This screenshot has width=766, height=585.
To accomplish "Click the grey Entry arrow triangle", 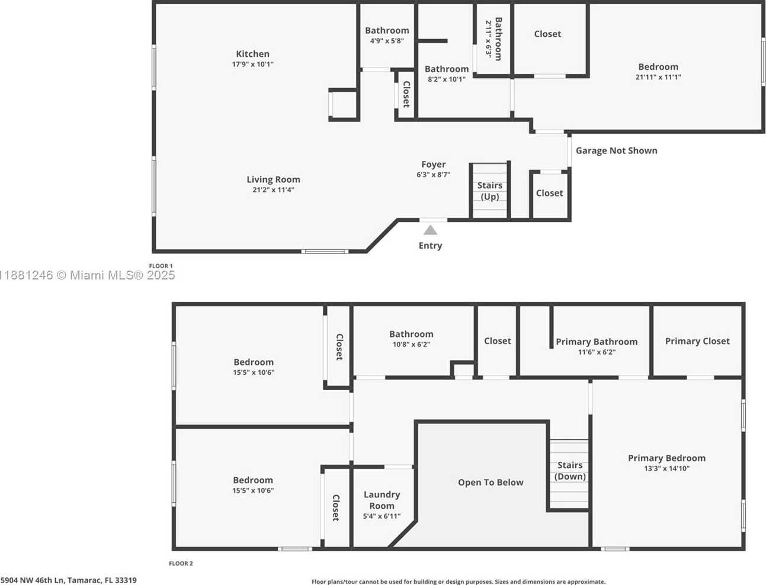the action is (430, 230).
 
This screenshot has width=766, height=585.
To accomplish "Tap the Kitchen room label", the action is (252, 54).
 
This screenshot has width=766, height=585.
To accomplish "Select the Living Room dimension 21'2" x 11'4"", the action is (273, 190).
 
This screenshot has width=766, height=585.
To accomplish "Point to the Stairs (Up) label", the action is (489, 191).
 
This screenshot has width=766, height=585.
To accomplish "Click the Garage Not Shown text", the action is (616, 150).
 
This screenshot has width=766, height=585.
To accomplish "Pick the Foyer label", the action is (434, 165).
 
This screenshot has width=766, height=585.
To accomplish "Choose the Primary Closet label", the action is (697, 341).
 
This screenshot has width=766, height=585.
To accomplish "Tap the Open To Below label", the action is (491, 483).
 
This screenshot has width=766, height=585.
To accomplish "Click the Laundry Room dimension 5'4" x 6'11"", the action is (382, 516).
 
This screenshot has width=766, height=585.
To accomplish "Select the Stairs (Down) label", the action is (570, 471).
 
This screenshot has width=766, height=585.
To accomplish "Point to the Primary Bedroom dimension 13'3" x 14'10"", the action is (666, 468).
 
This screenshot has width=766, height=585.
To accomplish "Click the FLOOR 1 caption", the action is (161, 266).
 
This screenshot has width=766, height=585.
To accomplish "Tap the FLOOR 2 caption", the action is (181, 563).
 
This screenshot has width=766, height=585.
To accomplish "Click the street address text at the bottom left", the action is (68, 580).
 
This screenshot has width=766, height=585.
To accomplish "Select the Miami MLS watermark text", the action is (87, 275).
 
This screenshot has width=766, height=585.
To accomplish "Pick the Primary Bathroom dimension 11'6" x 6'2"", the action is (597, 352).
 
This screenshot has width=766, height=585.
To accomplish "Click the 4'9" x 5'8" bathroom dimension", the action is (387, 41).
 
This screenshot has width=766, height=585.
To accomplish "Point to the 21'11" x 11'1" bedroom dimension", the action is (658, 78).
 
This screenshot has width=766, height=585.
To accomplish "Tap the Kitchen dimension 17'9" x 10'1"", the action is (252, 65).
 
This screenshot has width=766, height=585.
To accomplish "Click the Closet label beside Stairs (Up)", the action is (549, 193).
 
